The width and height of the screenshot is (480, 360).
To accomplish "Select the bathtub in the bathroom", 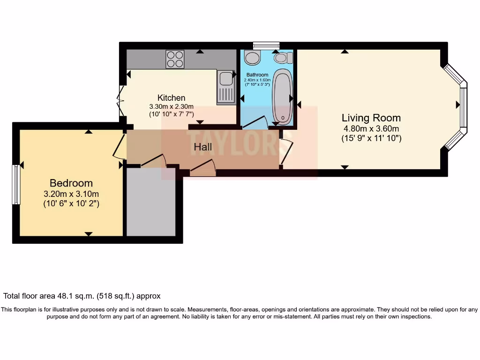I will pos(283,96).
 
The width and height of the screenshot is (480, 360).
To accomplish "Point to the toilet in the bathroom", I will pos(283,58).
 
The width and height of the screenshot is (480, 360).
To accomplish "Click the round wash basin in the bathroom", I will pos(252,58).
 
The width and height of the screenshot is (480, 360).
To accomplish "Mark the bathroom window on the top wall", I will pos(266,45).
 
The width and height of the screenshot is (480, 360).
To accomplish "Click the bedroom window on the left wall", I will pos(16,184).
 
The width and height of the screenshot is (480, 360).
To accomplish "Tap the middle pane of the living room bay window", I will pos(464,107).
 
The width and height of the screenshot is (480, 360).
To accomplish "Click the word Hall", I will pos(203,147).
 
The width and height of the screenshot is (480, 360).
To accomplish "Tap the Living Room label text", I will pos(371,118).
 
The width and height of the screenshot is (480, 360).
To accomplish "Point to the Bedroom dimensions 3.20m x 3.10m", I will pos(71,194).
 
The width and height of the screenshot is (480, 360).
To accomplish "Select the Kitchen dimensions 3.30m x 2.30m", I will pos(171,106).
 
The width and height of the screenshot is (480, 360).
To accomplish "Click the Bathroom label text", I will pos(257,75).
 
